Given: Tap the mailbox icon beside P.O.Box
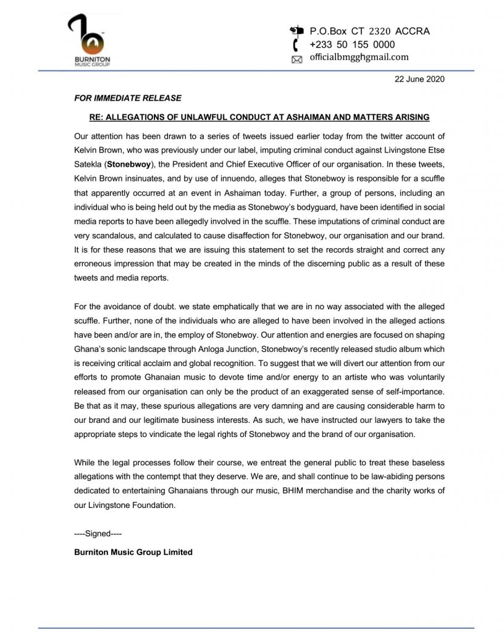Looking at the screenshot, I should (x=297, y=31).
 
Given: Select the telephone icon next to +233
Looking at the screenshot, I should (x=296, y=44).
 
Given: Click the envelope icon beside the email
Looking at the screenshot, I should (x=296, y=59).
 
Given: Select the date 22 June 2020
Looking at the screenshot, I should (x=419, y=80).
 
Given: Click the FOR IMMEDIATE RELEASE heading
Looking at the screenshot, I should (x=119, y=98).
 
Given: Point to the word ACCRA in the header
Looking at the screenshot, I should (x=414, y=31).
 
